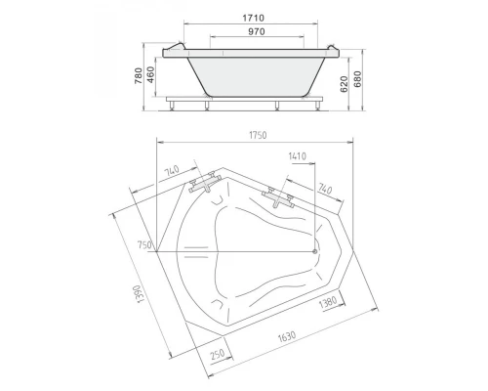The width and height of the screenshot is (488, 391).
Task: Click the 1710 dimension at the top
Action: point(253,18)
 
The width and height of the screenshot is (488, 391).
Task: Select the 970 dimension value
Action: point(257,31)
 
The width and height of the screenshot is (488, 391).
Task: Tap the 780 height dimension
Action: point(139,76)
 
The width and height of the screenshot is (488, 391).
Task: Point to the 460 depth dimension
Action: point(151,74)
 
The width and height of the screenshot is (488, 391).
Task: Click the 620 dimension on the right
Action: point(345,84)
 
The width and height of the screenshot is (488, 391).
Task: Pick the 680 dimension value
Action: point(357,79)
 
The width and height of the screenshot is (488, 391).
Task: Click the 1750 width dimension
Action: point(258,135)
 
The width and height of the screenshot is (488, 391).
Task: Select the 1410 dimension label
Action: point(298,156)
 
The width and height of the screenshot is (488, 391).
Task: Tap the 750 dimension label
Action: point(144,245)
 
